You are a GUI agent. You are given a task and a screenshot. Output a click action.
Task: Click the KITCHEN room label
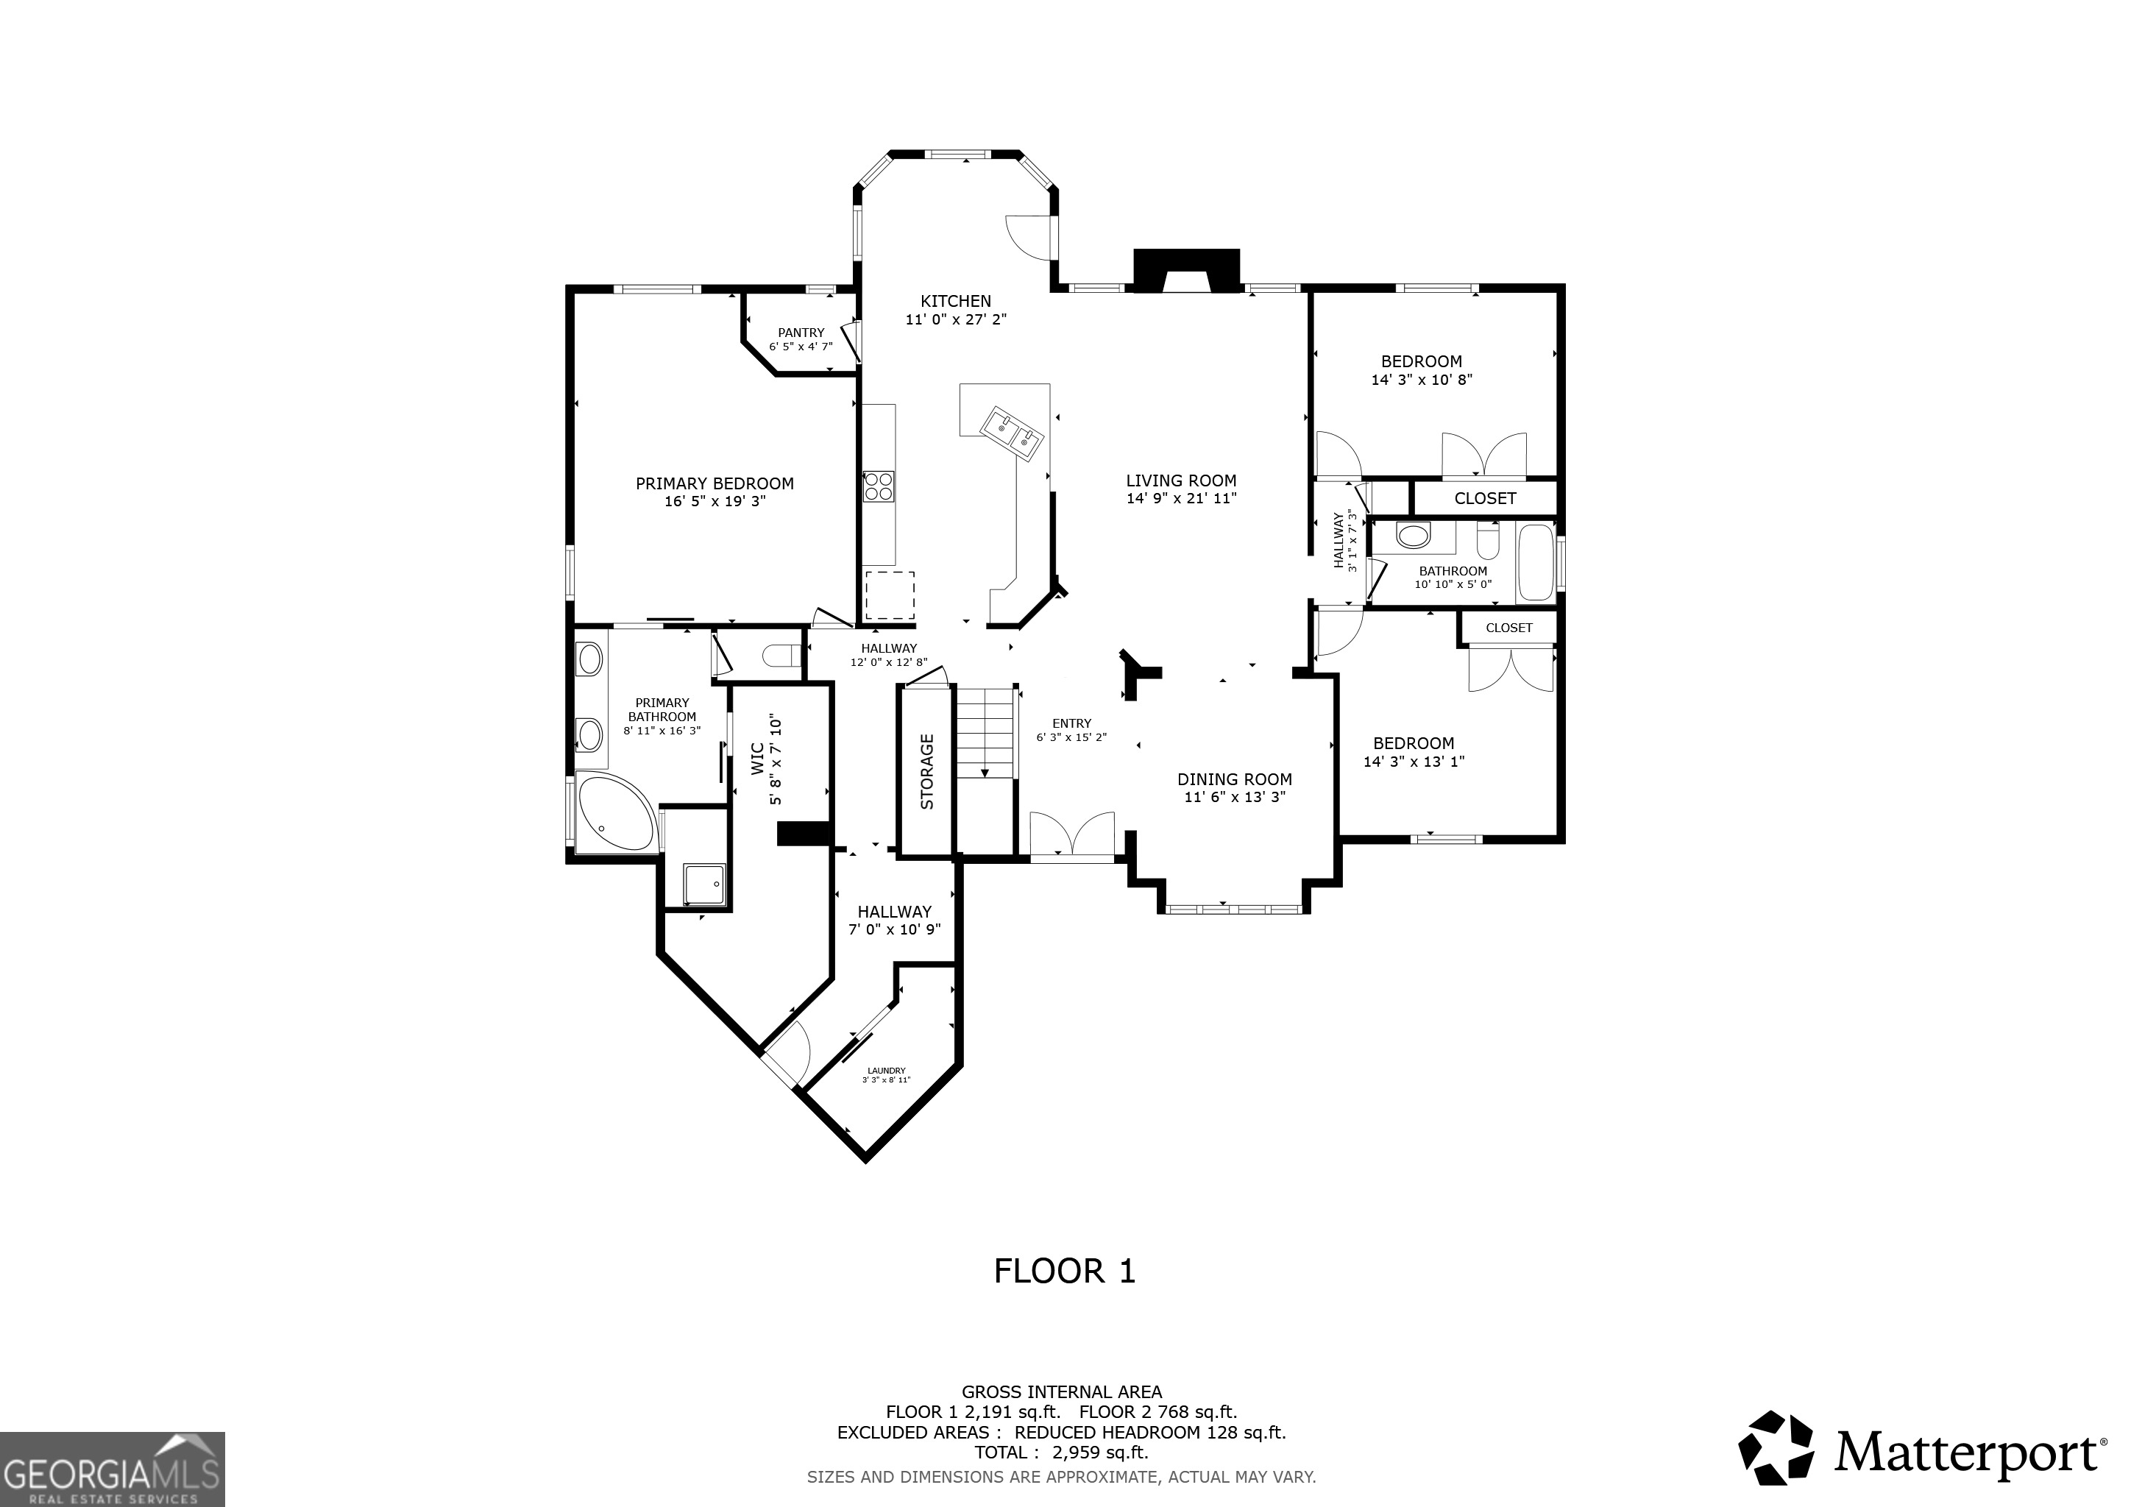coord(955,302)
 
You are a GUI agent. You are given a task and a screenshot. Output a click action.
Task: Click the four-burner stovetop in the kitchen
coord(878,486)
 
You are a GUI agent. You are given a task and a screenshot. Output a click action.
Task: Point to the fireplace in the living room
coord(1186,271)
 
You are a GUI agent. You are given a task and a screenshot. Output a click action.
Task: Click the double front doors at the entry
coord(1072,835)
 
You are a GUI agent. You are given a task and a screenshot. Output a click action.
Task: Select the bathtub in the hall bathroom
coord(1536,562)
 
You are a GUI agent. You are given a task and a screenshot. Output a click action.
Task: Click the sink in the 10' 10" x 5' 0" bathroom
coord(1414,536)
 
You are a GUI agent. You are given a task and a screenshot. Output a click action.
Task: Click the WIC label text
coord(756,759)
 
